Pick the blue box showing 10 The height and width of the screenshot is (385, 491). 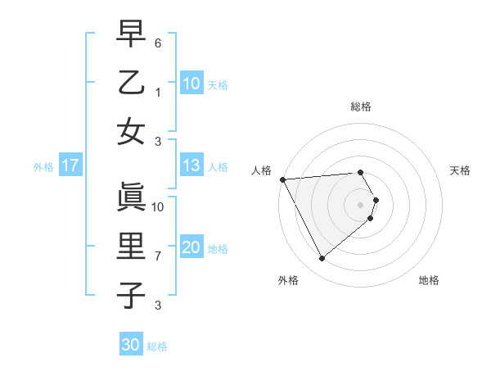click(191, 84)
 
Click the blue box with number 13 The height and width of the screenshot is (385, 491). click(191, 166)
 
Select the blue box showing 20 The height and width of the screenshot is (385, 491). click(191, 248)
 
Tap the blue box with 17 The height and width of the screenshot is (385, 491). click(70, 166)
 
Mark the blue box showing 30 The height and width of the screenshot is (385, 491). click(131, 345)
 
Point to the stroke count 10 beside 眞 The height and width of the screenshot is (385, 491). click(159, 206)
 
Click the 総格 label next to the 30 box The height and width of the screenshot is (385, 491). click(157, 346)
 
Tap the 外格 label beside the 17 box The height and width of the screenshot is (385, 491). click(43, 167)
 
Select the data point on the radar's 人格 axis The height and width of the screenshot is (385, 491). click(282, 179)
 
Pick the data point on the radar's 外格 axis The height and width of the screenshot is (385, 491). click(322, 259)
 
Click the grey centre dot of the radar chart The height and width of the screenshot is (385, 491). click(361, 203)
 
